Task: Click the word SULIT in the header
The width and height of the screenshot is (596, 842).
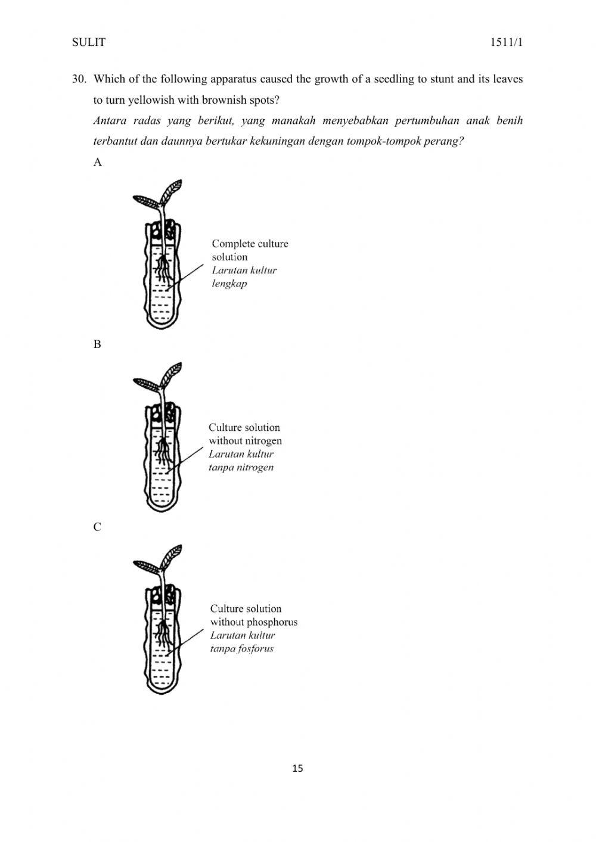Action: point(88,42)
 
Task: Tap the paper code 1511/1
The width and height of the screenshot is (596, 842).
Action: point(507,42)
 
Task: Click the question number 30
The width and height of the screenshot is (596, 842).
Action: point(80,79)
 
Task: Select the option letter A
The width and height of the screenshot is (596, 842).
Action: point(98,162)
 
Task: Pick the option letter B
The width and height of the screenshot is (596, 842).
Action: point(98,344)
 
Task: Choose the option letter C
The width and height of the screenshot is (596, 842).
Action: point(98,527)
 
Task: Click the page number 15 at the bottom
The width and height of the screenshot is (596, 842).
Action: point(298,768)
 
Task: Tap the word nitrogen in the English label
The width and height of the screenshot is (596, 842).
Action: point(263,441)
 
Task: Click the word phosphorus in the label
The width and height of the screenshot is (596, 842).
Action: point(272,622)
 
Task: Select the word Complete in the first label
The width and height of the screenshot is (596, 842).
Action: point(231,244)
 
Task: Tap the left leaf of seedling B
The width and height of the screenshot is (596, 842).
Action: point(144,384)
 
